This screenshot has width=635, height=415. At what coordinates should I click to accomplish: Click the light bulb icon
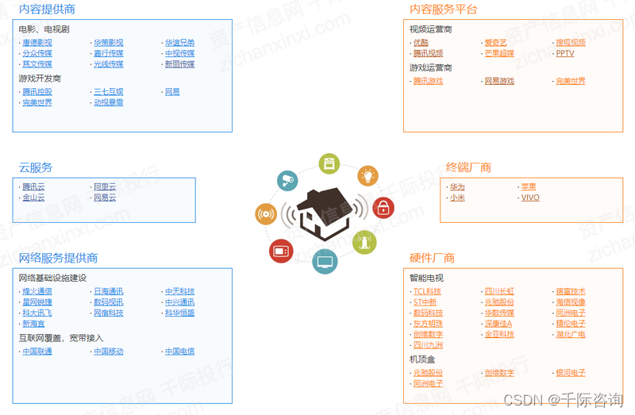[x=367, y=175]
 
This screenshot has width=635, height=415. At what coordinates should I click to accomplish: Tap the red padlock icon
[x=383, y=208]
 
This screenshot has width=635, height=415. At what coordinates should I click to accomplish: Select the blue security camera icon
[x=287, y=180]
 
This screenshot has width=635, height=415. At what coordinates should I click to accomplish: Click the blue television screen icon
[x=325, y=261]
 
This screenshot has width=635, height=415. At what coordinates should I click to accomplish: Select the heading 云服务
[x=36, y=167]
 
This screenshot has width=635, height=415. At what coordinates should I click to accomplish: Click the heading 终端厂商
[x=468, y=167]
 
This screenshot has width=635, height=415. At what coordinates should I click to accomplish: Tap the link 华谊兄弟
[x=179, y=43]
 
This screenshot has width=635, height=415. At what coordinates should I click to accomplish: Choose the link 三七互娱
[x=109, y=92]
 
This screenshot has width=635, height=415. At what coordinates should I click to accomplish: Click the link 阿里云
[x=105, y=186]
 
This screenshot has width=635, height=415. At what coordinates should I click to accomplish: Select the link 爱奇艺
[x=496, y=43]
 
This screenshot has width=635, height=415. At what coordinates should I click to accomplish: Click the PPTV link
[x=564, y=53]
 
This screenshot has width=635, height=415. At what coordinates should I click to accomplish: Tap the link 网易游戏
[x=499, y=81]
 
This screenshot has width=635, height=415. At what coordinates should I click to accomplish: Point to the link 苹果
[x=529, y=186]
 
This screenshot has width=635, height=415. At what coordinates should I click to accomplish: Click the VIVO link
[x=530, y=198]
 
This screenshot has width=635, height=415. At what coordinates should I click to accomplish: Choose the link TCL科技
[x=427, y=291]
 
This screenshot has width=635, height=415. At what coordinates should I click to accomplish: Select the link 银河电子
[x=571, y=373]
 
